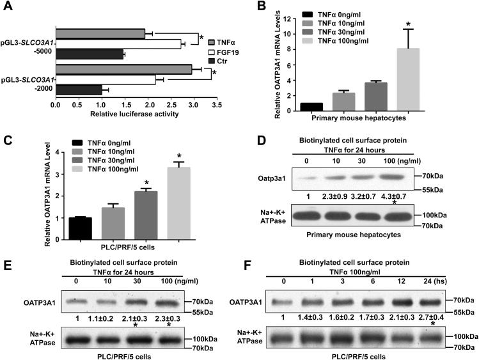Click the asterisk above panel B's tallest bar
404,23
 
